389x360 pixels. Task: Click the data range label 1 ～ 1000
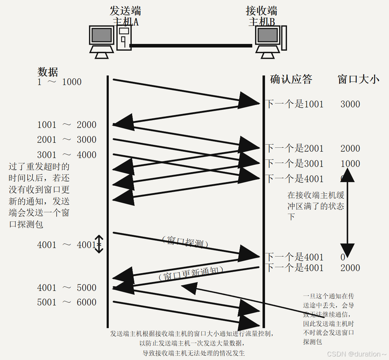pos(60,82)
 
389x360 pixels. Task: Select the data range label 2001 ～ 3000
pos(67,140)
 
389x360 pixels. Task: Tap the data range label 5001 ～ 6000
pos(67,302)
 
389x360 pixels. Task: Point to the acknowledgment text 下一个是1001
pos(294,104)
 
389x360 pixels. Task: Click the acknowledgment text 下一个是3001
pos(294,163)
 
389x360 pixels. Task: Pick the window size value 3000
pos(350,104)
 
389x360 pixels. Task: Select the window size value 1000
pos(350,163)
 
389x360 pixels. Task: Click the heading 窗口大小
pos(359,79)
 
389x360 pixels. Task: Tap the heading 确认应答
pos(291,79)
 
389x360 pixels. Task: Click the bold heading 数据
pos(48,72)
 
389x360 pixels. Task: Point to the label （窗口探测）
pos(184,242)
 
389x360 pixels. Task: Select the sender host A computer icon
pos(110,42)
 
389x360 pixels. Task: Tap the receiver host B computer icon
pos(271,42)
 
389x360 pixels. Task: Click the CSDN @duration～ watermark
pos(356,354)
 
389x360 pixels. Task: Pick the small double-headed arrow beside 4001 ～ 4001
pos(99,244)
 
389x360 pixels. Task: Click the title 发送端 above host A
pos(125,11)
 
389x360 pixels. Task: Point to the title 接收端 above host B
pos(261,11)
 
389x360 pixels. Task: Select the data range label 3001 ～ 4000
pos(67,155)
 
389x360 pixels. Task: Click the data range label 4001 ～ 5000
pos(67,287)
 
